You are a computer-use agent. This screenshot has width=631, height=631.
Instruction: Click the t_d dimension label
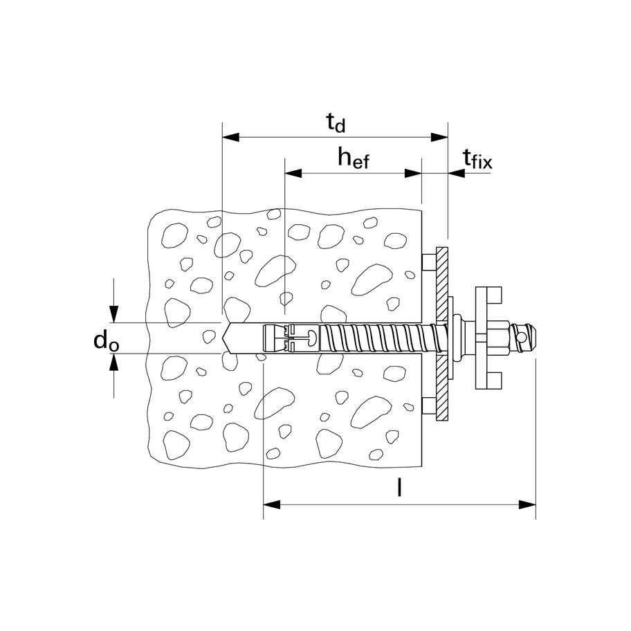[336, 123]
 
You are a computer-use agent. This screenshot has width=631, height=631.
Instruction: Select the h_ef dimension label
[354, 158]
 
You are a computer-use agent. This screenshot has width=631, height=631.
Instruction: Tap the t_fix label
[477, 161]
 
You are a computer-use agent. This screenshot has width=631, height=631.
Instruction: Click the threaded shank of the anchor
[374, 338]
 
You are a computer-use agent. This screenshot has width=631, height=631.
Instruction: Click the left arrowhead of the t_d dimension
[229, 137]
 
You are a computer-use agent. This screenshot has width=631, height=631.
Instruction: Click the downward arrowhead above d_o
[114, 315]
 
